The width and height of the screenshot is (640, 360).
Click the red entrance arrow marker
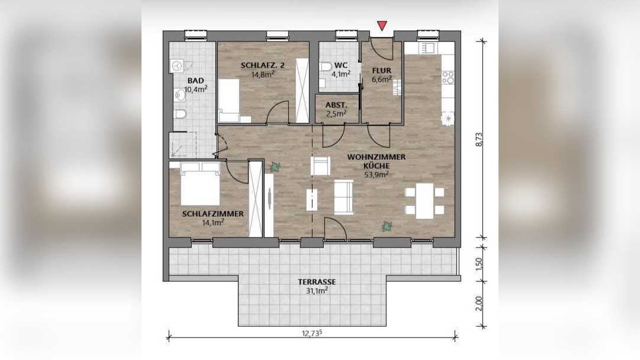pyautogui.click(x=382, y=26)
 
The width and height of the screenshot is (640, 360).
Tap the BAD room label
pyautogui.click(x=195, y=81)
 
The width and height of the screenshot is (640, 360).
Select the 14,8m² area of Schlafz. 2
pyautogui.click(x=262, y=74)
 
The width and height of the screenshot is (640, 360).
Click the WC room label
pyautogui.click(x=341, y=65)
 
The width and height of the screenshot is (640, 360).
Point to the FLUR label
pyautogui.click(x=382, y=70)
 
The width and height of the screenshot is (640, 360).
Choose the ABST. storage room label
pyautogui.click(x=337, y=105)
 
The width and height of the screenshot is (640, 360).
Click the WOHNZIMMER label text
pyautogui.click(x=377, y=157)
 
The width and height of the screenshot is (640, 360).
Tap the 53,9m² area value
pyautogui.click(x=377, y=175)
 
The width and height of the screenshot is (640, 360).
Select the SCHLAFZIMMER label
pyautogui.click(x=213, y=214)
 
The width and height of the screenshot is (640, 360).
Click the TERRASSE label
pyautogui.click(x=317, y=282)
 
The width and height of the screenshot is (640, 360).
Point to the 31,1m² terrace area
pyautogui.click(x=317, y=291)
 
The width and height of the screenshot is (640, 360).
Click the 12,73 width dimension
pyautogui.click(x=312, y=333)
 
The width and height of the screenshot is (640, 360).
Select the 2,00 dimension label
pyautogui.click(x=479, y=303)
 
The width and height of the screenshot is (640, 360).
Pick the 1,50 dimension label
pyautogui.click(x=479, y=264)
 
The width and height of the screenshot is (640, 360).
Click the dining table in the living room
pyautogui.click(x=424, y=201)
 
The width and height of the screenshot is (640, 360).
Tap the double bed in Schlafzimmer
pyautogui.click(x=201, y=184)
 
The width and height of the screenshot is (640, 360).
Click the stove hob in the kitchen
pyautogui.click(x=448, y=78)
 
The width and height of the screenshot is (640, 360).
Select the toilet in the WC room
pyautogui.click(x=326, y=66)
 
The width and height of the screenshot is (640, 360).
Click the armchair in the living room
pyautogui.click(x=320, y=166)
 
